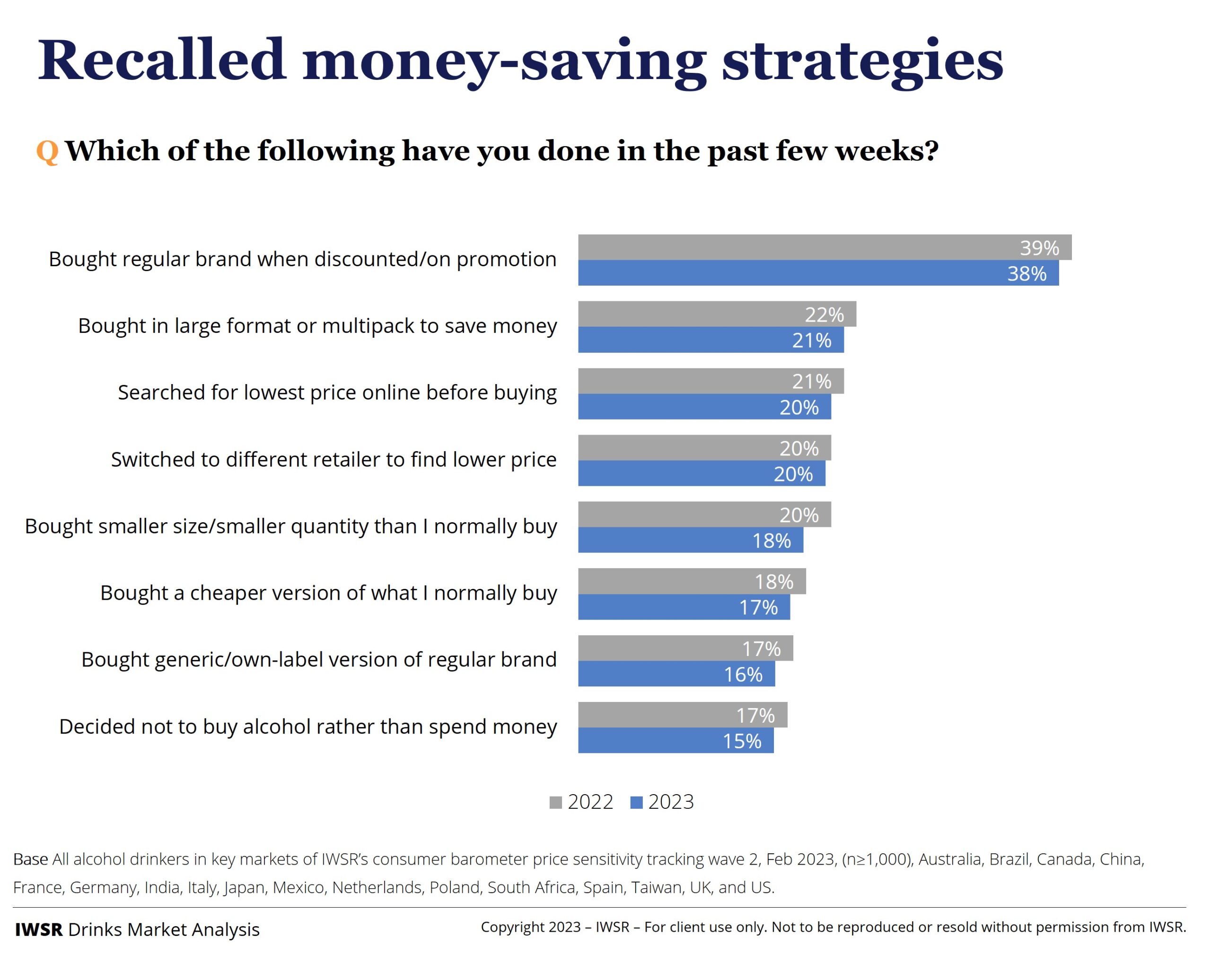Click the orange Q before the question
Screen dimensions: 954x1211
(x=47, y=152)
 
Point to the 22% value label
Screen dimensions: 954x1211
(x=824, y=315)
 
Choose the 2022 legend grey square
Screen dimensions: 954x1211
(x=555, y=803)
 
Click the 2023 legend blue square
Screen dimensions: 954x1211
(x=636, y=803)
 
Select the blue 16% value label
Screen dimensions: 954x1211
(x=743, y=675)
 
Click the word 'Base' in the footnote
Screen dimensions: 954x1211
(x=30, y=859)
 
